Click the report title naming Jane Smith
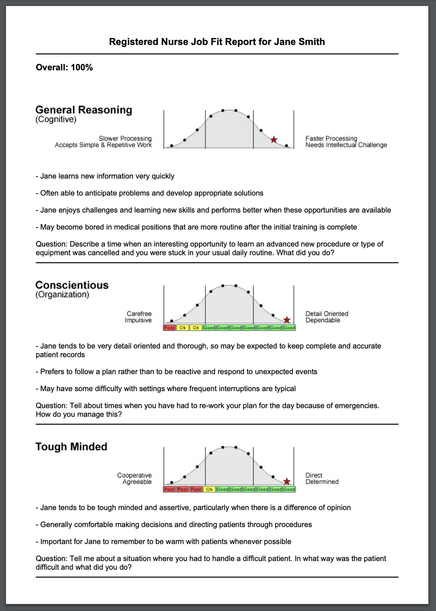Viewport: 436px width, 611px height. [217, 42]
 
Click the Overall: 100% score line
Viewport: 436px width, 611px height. [64, 68]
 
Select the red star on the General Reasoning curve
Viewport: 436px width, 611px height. [274, 140]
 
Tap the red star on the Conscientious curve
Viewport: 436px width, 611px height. [287, 320]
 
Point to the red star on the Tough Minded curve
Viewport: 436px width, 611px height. [287, 482]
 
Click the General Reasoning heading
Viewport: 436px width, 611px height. [84, 110]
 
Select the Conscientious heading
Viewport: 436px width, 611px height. [72, 285]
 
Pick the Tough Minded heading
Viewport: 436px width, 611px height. [72, 447]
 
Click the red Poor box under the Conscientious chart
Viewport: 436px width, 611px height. [169, 328]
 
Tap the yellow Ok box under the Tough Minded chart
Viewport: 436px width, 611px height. [209, 489]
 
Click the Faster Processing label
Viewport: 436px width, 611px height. [331, 139]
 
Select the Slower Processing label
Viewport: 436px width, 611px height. [125, 139]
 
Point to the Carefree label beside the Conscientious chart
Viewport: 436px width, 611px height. [139, 314]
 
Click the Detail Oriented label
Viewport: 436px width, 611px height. [327, 314]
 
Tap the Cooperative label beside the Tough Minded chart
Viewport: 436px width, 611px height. [134, 475]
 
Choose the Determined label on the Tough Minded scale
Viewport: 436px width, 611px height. [322, 482]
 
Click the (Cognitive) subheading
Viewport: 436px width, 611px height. [56, 120]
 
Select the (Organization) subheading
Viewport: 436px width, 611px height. [62, 295]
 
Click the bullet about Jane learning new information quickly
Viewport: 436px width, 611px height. [105, 176]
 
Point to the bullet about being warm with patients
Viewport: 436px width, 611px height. [163, 542]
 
